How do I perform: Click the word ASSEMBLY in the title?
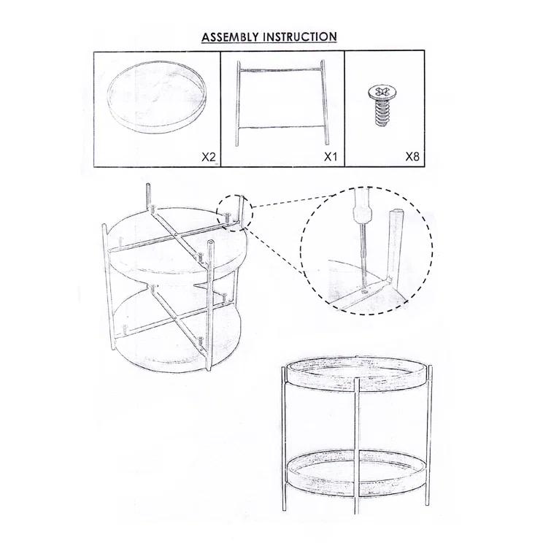230,37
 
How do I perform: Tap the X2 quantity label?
209,157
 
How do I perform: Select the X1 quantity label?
331,157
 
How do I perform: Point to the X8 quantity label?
412,156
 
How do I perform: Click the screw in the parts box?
380,104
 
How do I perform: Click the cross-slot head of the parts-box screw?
380,92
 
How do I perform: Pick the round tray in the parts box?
157,96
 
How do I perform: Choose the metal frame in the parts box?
282,103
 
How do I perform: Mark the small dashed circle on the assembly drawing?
234,213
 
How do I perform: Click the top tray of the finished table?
358,374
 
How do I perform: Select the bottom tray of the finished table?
358,471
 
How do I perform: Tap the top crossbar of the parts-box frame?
281,70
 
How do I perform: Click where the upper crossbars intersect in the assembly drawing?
175,235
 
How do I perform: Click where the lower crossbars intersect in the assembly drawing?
175,318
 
